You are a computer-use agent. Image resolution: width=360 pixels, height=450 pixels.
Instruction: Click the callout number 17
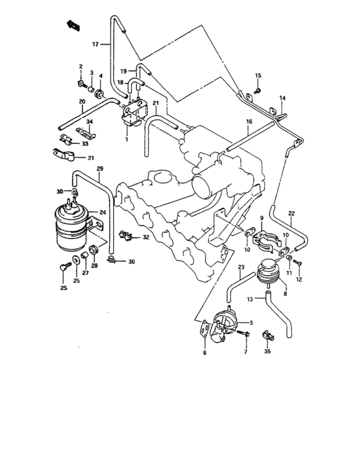coord(94,44)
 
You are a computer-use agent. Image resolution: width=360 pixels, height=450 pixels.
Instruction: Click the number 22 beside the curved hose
coord(291,213)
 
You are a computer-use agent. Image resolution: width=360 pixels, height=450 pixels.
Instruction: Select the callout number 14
coord(282,98)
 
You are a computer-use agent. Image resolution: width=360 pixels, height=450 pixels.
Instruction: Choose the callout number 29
coord(100,169)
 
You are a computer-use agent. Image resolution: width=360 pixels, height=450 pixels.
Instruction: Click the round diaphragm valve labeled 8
coord(269,274)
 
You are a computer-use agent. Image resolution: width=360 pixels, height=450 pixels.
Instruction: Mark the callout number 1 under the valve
coord(127,139)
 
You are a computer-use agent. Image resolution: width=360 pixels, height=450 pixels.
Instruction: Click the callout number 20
coord(82,102)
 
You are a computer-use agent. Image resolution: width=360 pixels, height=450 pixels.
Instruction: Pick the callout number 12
coord(298,280)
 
